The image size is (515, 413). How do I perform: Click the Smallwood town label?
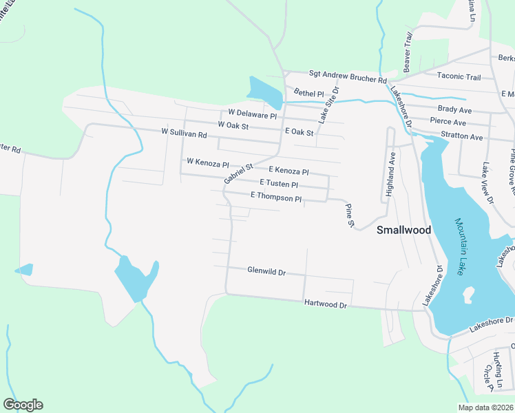pyautogui.click(x=403, y=231)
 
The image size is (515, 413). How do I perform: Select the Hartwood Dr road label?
pyautogui.click(x=325, y=304)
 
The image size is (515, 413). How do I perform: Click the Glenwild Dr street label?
pyautogui.click(x=266, y=272)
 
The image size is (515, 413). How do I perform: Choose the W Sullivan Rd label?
pyautogui.click(x=184, y=132)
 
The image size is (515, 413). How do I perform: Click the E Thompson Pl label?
pyautogui.click(x=276, y=197)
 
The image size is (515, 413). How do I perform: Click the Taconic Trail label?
pyautogui.click(x=459, y=77)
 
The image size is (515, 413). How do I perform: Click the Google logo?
pyautogui.click(x=23, y=405)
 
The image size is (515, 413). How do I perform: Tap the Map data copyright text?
pyautogui.click(x=486, y=407)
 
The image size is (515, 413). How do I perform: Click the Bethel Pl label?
pyautogui.click(x=308, y=93)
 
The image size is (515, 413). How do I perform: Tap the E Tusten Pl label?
pyautogui.click(x=278, y=184)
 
